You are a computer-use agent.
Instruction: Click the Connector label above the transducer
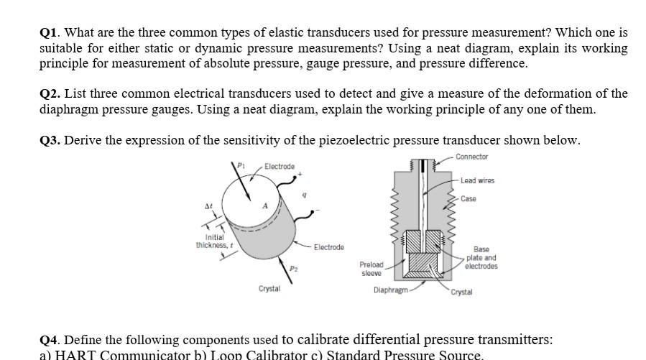click(471, 157)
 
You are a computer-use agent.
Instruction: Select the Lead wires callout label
click(477, 181)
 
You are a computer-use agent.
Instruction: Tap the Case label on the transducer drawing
click(468, 199)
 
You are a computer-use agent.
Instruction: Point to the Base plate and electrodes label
click(481, 258)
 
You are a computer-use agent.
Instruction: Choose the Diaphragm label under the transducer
click(389, 290)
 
